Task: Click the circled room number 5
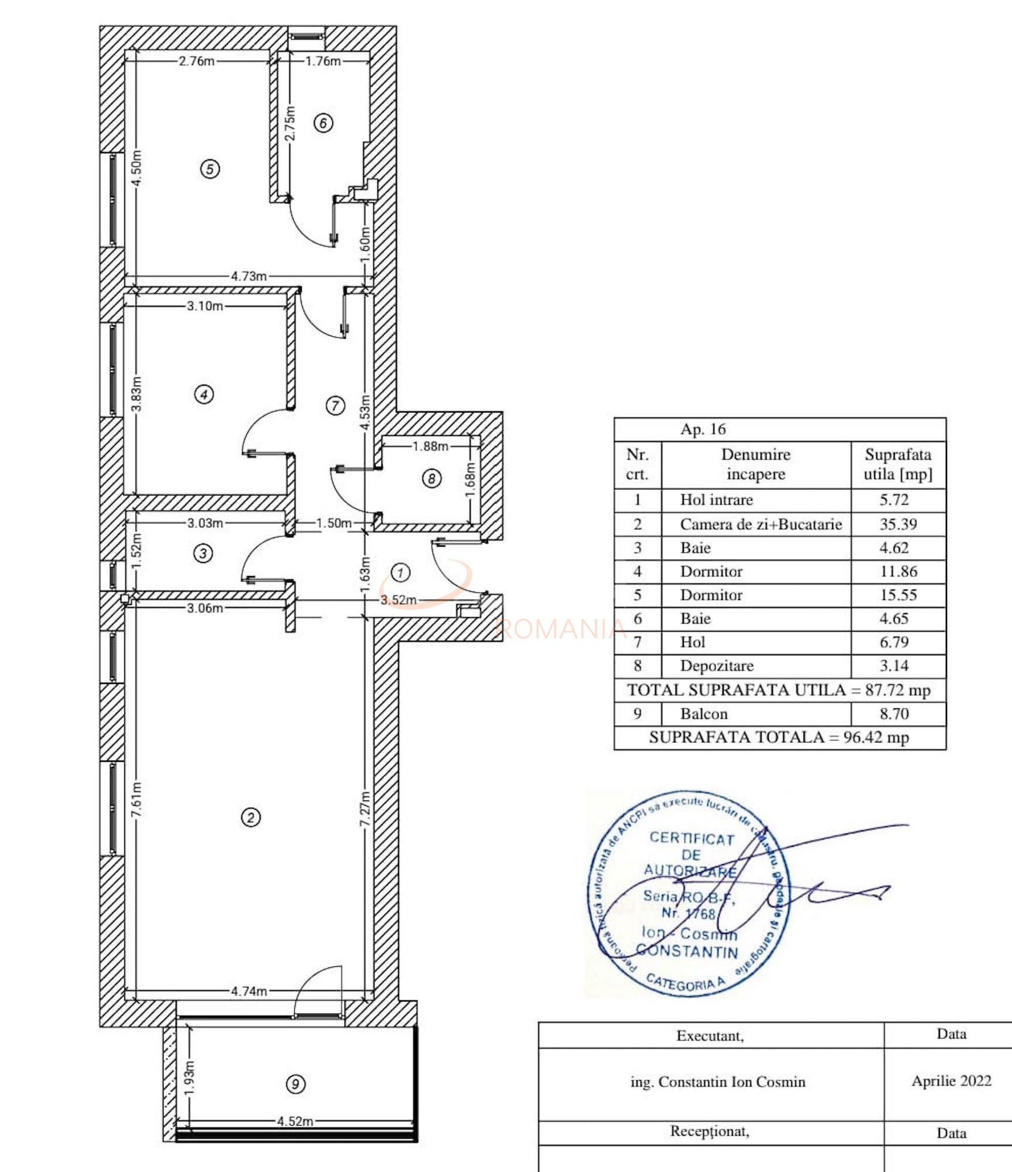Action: pyautogui.click(x=210, y=169)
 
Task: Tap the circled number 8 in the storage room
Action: pyautogui.click(x=431, y=479)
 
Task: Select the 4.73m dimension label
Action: pyautogui.click(x=248, y=276)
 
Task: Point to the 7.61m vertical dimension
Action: pyautogui.click(x=136, y=800)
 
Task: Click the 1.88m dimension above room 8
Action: pyautogui.click(x=430, y=446)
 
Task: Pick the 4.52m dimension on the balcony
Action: pyautogui.click(x=295, y=1121)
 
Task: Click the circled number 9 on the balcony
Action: pyautogui.click(x=295, y=1084)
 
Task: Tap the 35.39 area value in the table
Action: pyautogui.click(x=898, y=524)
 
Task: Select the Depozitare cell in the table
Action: pyautogui.click(x=717, y=666)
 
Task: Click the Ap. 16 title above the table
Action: pyautogui.click(x=703, y=430)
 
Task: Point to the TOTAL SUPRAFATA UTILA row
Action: pyautogui.click(x=779, y=690)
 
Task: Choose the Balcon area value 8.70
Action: pyautogui.click(x=894, y=714)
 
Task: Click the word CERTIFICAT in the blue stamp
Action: pyautogui.click(x=691, y=839)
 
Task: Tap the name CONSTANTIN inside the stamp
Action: pyautogui.click(x=687, y=950)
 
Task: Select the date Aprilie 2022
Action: pyautogui.click(x=951, y=1081)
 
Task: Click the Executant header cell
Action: pyautogui.click(x=710, y=1035)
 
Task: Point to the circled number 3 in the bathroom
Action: pyautogui.click(x=203, y=553)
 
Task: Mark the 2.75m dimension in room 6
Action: pyautogui.click(x=290, y=123)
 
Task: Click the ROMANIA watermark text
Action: pyautogui.click(x=560, y=629)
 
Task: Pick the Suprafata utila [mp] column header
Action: pyautogui.click(x=898, y=464)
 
